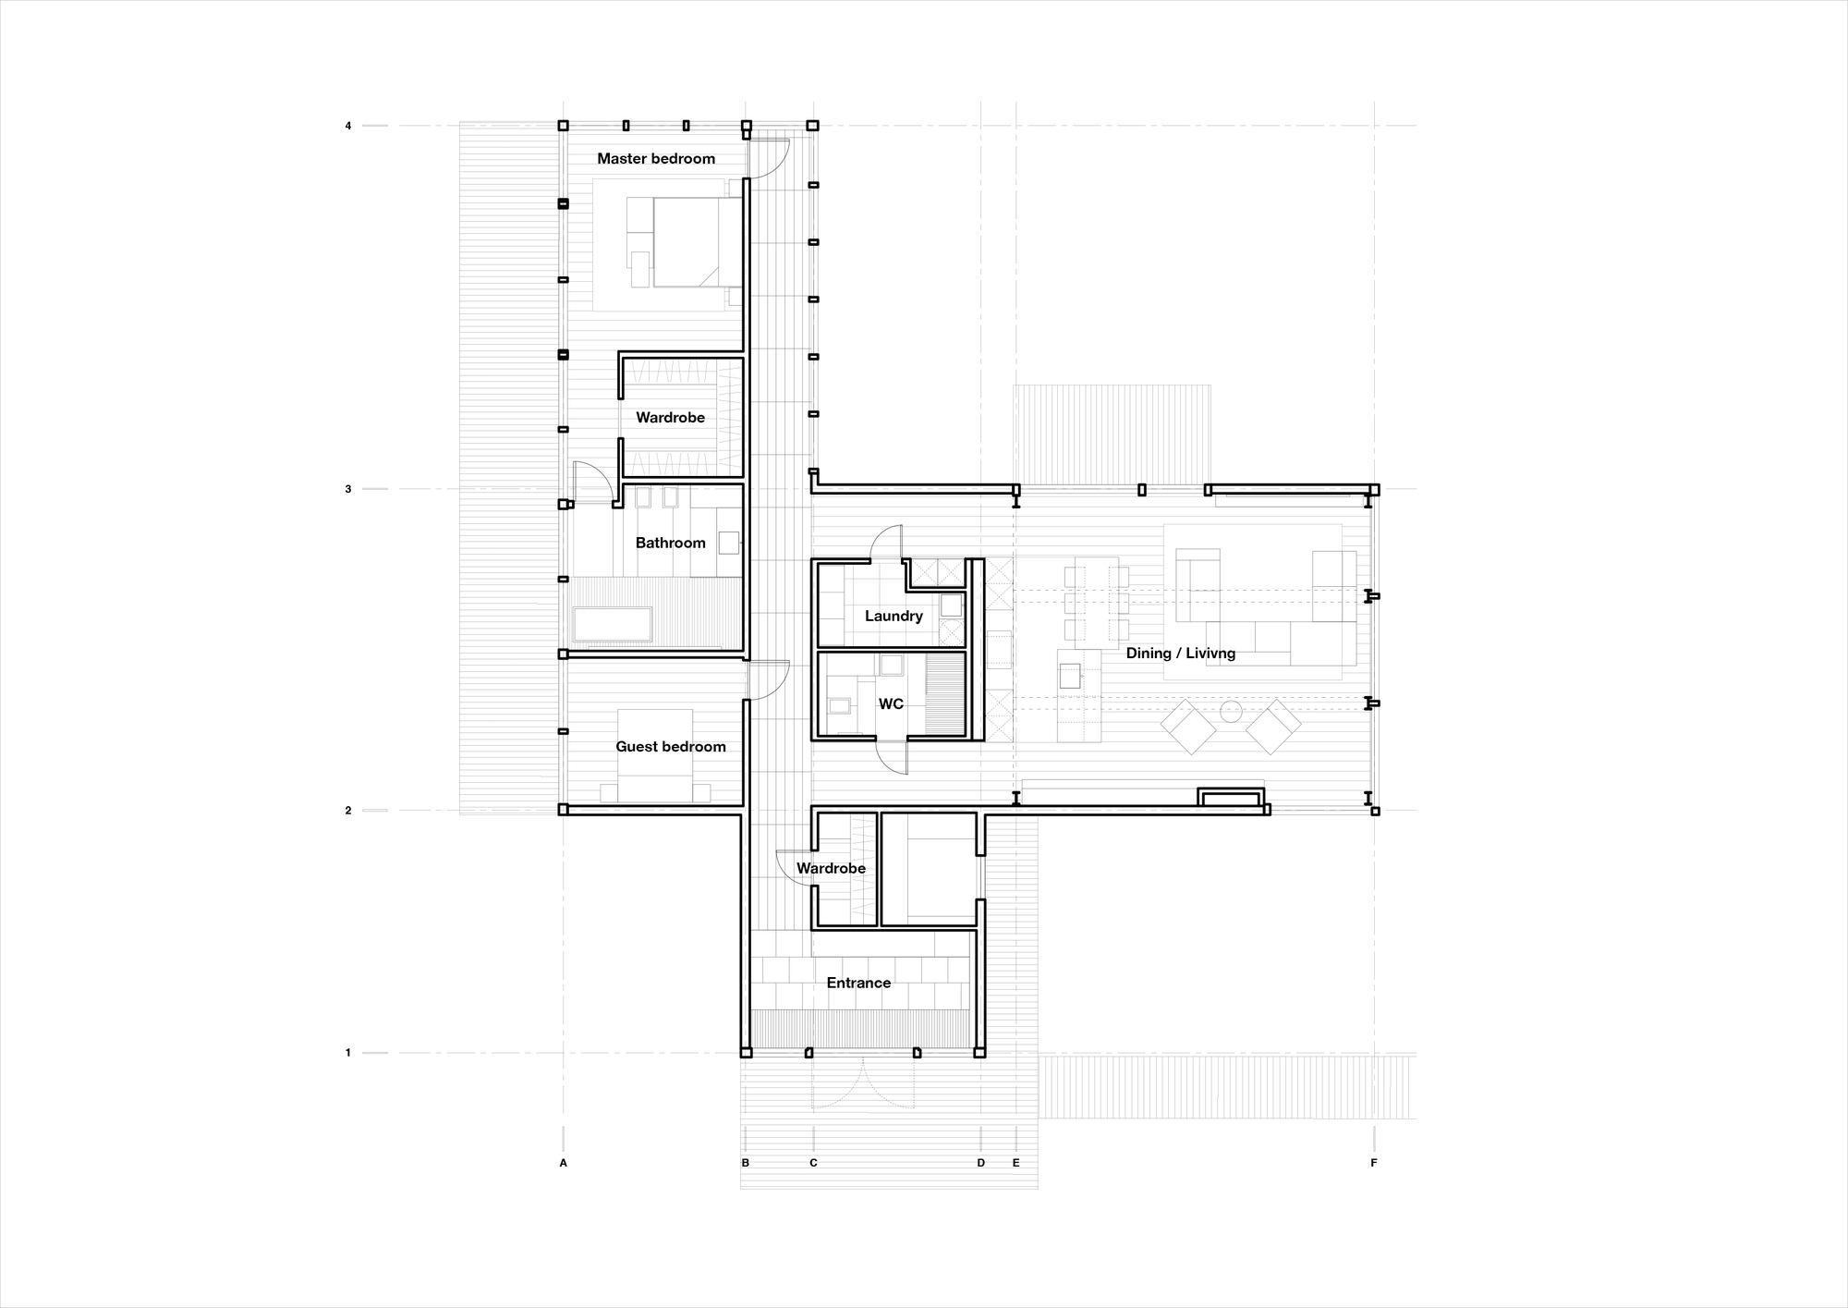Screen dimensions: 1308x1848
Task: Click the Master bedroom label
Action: [x=656, y=159]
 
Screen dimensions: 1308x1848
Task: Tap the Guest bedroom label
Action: [x=671, y=747]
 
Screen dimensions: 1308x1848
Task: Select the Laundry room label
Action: [x=894, y=617]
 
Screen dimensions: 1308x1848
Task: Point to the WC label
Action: [x=891, y=704]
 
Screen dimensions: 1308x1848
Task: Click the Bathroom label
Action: [x=670, y=544]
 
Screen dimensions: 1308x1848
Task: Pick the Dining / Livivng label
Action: [x=1180, y=654]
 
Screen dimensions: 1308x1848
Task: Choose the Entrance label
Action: [x=858, y=983]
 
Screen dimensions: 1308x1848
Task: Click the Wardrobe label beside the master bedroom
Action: [x=670, y=418]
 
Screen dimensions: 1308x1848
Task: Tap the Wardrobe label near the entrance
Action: [x=831, y=869]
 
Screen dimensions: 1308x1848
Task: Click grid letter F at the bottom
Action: [x=1374, y=1163]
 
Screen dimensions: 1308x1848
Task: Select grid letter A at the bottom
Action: [x=564, y=1163]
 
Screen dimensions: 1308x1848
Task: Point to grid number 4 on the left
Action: [x=348, y=126]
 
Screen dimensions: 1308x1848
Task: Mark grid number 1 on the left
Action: [x=348, y=1053]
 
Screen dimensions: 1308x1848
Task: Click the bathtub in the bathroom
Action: [x=612, y=624]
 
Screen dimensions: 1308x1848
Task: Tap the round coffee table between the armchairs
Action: [x=1231, y=711]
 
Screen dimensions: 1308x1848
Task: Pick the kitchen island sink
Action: [x=1069, y=676]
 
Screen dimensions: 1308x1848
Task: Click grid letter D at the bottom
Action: [x=981, y=1163]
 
